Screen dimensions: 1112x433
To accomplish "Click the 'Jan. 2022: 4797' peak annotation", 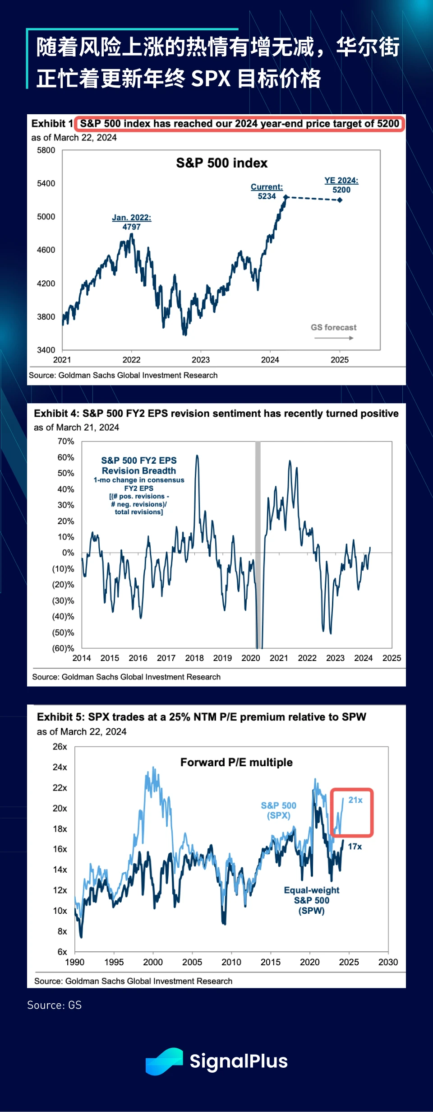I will pos(132,222).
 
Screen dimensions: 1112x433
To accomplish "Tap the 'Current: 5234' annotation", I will pos(267,191).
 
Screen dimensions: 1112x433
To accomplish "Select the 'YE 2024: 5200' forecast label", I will pos(341,185).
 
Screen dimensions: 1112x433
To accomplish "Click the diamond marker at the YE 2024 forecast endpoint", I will pos(340,200).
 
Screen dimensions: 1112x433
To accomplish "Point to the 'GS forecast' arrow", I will pos(334,338).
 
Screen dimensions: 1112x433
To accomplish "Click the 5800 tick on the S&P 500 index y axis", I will pos(46,150).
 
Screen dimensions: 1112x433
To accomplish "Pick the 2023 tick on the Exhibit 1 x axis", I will pos(201,360).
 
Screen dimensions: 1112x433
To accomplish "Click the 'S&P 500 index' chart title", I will pos(221,163).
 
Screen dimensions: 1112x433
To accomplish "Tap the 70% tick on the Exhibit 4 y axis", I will pos(66,442).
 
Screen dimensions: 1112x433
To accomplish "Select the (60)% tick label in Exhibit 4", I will pos(63,648).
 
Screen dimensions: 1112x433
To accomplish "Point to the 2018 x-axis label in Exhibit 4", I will pos(194,658).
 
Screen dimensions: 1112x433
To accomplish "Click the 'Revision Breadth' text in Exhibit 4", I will pos(139,470).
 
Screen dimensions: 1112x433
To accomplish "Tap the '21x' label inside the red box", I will pos(355,800).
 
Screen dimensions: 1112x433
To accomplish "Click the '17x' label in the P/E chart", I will pos(355,847).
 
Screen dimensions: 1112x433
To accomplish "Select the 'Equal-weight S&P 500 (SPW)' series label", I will pos(312,900).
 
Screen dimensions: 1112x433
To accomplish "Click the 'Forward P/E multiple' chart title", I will pos(236,763).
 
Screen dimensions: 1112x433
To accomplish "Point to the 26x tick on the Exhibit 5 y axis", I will pos(60,747).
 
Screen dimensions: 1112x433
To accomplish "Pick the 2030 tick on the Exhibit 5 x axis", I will pos(388,962).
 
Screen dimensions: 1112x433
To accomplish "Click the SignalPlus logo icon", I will pos(164,1061).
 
